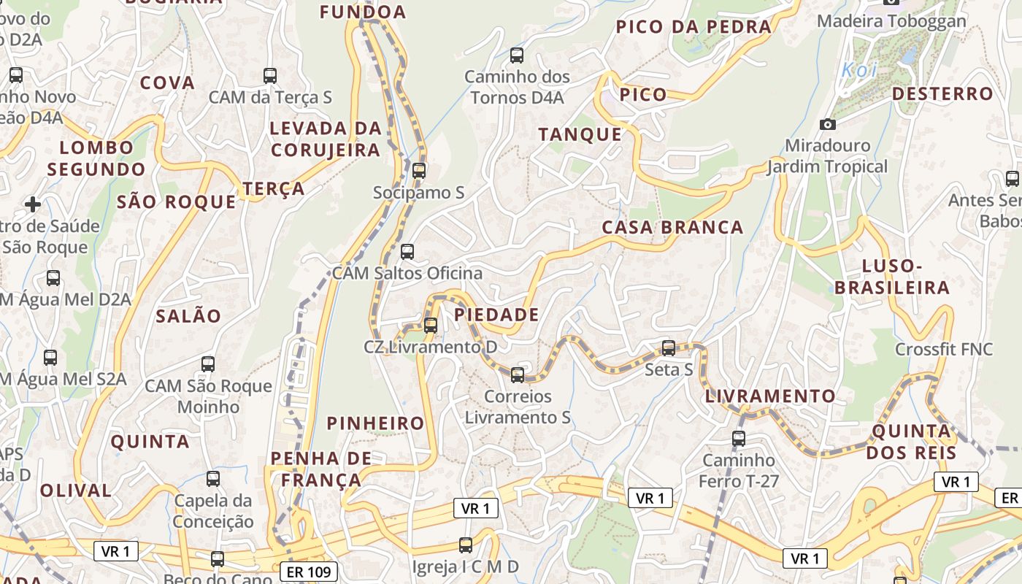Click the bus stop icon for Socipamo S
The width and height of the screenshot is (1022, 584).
click(x=418, y=171)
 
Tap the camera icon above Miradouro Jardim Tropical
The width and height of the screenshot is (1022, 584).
click(x=827, y=124)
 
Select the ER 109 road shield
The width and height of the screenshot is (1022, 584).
click(x=309, y=572)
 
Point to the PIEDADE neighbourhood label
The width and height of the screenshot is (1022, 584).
click(x=496, y=315)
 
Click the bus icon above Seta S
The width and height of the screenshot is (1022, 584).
click(x=669, y=348)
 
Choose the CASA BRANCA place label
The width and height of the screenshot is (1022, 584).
click(x=672, y=227)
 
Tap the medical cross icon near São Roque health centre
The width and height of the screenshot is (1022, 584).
click(x=33, y=204)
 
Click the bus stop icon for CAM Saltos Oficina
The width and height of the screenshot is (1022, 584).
click(x=407, y=252)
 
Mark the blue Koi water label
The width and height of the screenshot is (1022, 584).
click(x=859, y=70)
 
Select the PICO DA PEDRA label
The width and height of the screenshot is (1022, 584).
click(x=693, y=27)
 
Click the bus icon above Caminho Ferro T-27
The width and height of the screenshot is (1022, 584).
click(x=739, y=439)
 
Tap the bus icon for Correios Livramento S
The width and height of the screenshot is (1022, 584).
click(x=518, y=375)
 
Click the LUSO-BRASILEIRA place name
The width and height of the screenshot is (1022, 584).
click(x=892, y=277)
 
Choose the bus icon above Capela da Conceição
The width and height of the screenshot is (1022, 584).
click(x=213, y=479)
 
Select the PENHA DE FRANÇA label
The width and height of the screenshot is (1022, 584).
click(x=321, y=469)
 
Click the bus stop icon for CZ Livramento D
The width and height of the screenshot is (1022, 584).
click(x=431, y=326)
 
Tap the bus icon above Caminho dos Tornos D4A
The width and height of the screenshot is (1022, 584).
click(x=517, y=55)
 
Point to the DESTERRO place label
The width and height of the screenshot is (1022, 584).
click(x=942, y=93)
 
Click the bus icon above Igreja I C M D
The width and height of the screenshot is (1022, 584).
click(x=465, y=545)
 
